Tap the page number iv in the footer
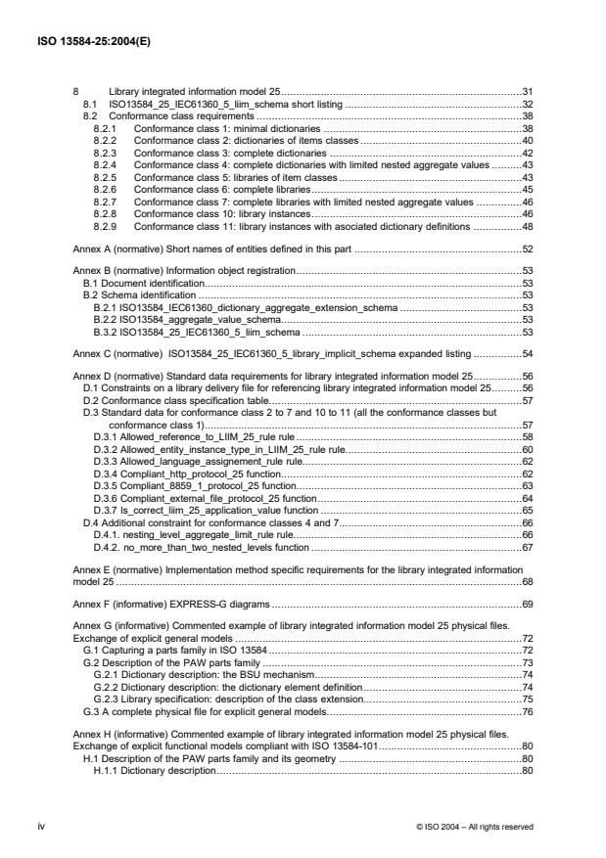point(77,826)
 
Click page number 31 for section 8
point(525,91)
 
